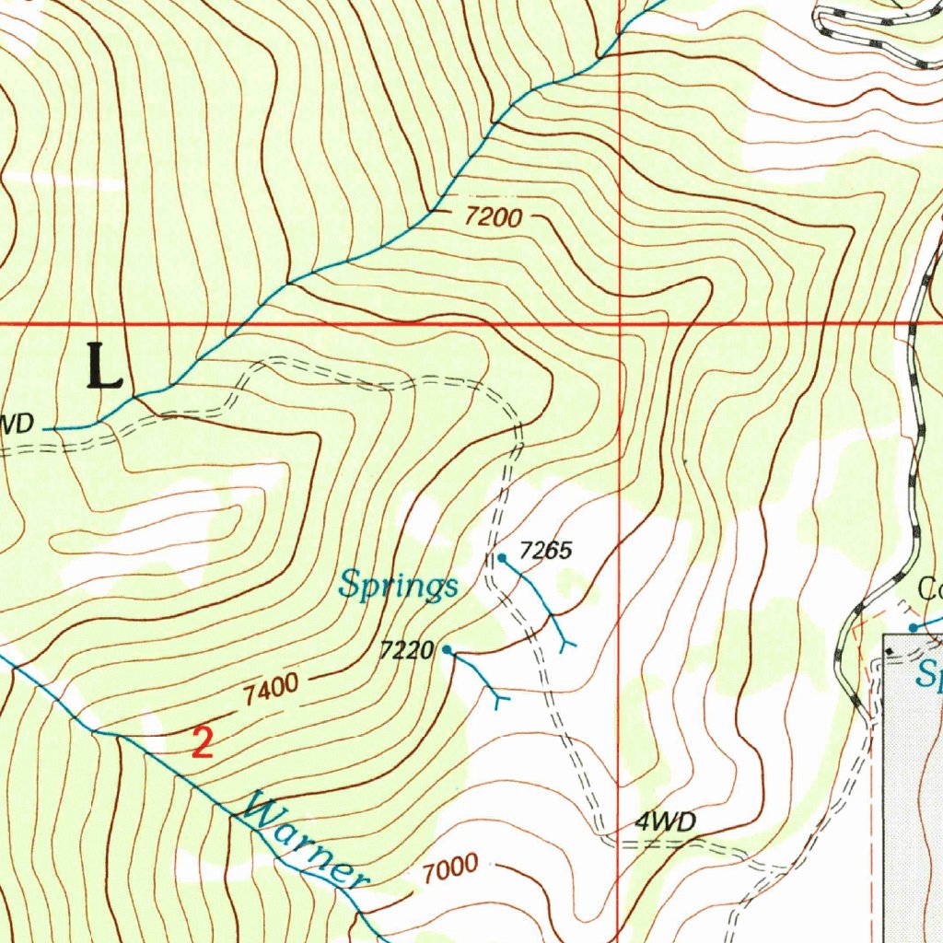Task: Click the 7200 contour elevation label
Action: coord(494,218)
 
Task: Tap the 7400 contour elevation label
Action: coord(272,689)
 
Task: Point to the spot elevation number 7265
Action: coord(546,552)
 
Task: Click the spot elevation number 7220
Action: coord(406,651)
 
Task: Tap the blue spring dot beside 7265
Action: coord(502,558)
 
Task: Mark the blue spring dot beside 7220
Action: coord(447,650)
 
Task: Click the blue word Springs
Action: coord(398,585)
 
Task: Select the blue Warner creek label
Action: coord(301,843)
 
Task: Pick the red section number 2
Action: coord(203,742)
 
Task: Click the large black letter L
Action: coord(105,366)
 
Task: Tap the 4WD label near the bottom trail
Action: coord(666,822)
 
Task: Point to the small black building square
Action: coord(889,651)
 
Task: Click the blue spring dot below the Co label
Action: coord(914,628)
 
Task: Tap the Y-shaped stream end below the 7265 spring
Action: coord(565,643)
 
